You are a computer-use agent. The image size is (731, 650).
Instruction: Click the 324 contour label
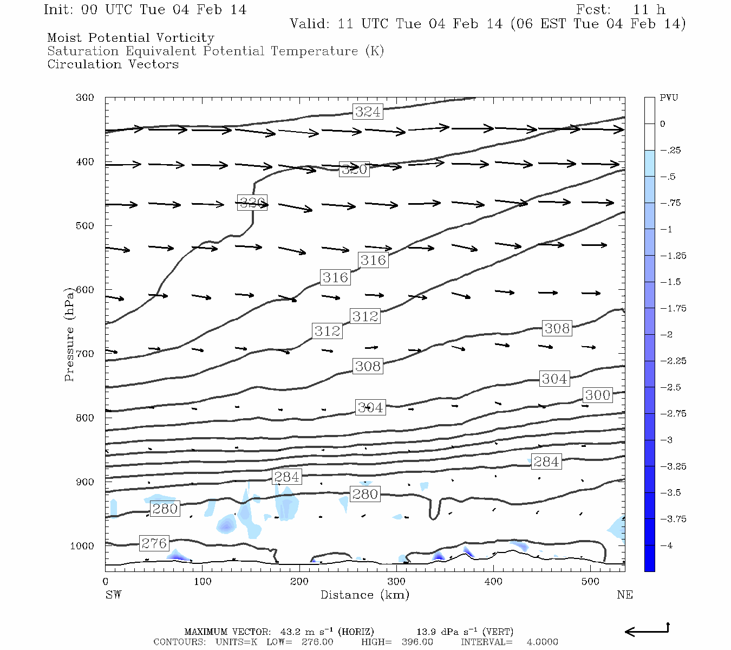click(368, 112)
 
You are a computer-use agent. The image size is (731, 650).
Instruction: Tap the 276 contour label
click(154, 543)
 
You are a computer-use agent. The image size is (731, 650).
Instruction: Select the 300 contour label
click(597, 395)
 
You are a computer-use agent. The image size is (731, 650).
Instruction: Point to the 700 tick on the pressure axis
click(84, 354)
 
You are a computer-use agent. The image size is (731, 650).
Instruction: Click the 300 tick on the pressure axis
click(84, 97)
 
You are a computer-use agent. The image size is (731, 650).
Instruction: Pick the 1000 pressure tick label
click(82, 546)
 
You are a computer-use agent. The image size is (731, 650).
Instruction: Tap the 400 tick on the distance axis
click(493, 582)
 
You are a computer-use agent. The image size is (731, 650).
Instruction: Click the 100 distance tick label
click(202, 582)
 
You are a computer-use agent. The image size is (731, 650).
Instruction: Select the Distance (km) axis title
click(364, 595)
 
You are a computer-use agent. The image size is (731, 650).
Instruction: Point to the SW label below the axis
click(113, 595)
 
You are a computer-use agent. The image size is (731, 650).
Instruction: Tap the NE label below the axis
click(624, 595)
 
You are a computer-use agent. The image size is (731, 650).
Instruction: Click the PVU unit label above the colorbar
click(668, 97)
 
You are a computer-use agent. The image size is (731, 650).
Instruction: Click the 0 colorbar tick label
click(662, 124)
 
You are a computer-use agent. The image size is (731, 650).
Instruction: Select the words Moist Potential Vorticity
click(130, 38)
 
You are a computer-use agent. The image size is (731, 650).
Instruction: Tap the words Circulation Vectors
click(113, 64)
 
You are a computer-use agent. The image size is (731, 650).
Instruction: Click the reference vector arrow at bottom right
click(647, 630)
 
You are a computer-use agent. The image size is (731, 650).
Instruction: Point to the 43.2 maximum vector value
click(290, 632)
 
